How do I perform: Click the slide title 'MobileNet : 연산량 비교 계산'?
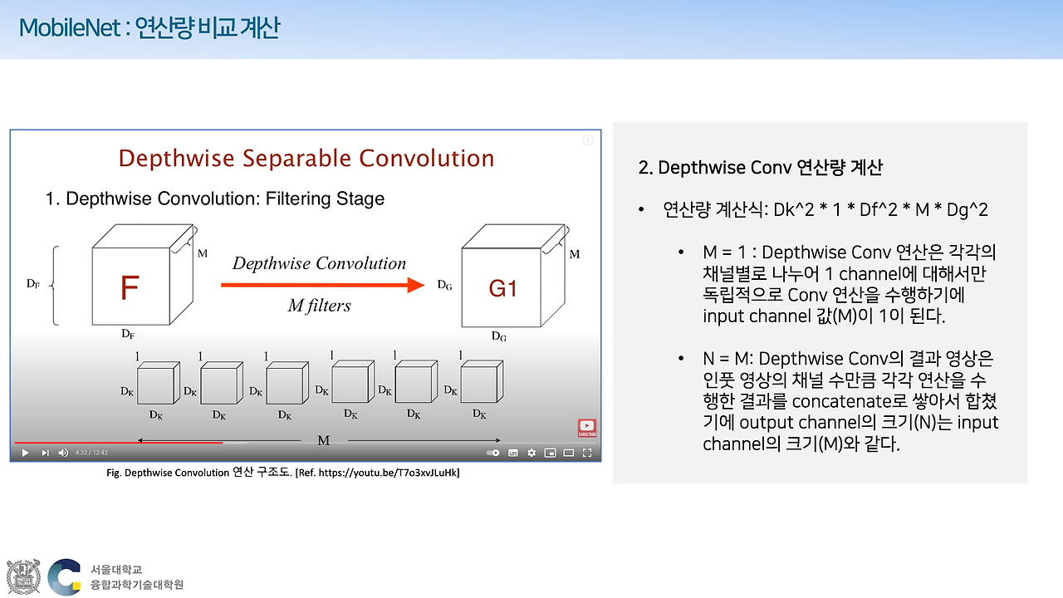tap(149, 28)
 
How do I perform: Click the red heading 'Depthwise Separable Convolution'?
tap(306, 158)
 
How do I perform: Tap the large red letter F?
tap(130, 288)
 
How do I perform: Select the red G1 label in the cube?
tap(502, 288)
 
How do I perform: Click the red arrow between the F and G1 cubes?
tap(323, 285)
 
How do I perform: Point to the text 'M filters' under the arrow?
tap(319, 306)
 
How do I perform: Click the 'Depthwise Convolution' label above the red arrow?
tap(319, 263)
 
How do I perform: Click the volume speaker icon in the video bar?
tap(63, 453)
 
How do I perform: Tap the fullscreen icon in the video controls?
tap(587, 453)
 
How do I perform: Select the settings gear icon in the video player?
tap(531, 453)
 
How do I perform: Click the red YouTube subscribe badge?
tap(587, 428)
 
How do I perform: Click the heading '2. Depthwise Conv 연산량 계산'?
tap(760, 168)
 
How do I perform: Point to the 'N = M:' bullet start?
tap(727, 359)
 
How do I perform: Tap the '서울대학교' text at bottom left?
tap(116, 570)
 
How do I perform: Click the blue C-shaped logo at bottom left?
tap(64, 576)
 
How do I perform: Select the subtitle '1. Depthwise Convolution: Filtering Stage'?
tap(214, 199)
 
